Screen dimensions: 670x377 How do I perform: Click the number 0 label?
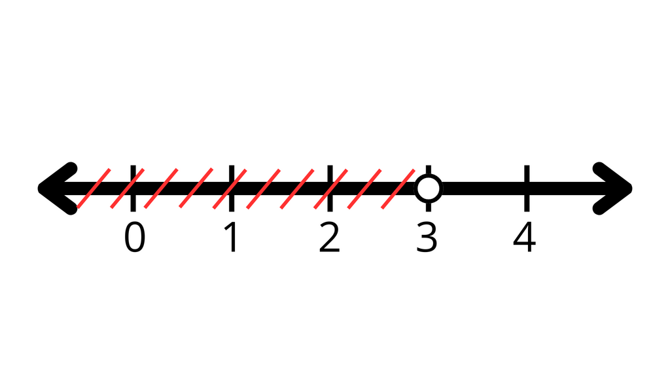(135, 237)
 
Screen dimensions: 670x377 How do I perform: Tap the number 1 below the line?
(231, 237)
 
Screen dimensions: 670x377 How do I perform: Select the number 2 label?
(330, 237)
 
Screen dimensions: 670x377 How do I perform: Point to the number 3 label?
(427, 237)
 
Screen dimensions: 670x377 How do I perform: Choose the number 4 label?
(524, 237)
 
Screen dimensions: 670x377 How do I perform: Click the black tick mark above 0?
(133, 188)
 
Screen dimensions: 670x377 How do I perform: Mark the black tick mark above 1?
(232, 188)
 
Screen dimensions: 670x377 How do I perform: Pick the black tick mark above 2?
(330, 188)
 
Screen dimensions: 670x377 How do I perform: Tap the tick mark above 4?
(527, 188)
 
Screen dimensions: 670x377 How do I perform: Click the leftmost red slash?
(94, 188)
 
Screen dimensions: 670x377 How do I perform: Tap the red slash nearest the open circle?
(398, 188)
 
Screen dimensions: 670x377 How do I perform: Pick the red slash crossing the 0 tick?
(128, 188)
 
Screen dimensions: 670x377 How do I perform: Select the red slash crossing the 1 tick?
(230, 188)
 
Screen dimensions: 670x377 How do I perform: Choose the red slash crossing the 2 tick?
(330, 188)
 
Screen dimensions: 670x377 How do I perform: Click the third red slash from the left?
(161, 188)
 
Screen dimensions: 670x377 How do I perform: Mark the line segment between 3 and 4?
(484, 188)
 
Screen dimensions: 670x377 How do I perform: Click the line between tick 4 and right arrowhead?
(564, 188)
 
